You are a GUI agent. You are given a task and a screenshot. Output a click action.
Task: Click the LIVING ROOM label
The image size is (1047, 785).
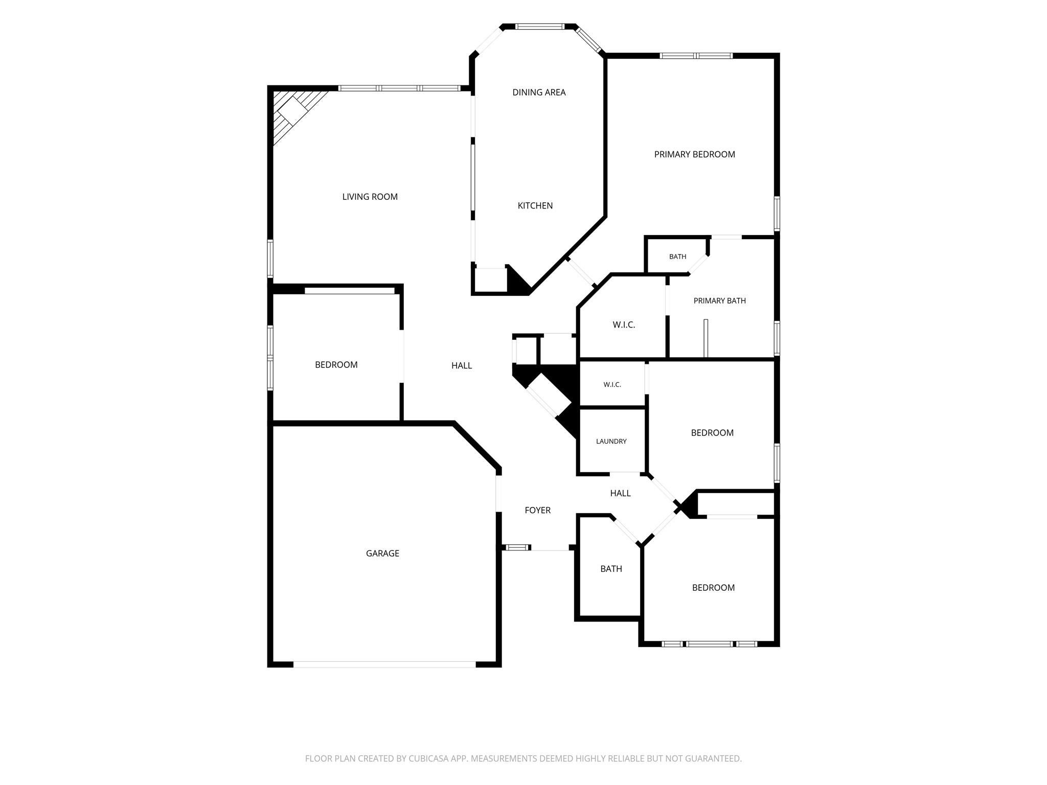[x=370, y=197]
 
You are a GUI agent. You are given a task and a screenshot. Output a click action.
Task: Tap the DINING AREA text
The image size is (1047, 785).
[x=539, y=93]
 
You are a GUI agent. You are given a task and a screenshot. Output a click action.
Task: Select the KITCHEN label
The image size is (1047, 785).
[x=535, y=205]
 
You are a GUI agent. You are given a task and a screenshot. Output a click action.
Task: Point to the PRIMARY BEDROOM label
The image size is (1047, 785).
[x=694, y=154]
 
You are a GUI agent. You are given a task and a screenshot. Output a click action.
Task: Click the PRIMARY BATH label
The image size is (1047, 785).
[x=719, y=301]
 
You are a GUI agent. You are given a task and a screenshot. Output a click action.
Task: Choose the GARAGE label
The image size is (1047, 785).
[x=382, y=553]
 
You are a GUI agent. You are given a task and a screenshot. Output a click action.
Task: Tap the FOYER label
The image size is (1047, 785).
[x=537, y=510]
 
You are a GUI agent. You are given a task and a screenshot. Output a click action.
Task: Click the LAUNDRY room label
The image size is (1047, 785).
[x=611, y=441]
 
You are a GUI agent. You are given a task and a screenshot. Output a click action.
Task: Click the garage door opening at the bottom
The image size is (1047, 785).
[x=384, y=664]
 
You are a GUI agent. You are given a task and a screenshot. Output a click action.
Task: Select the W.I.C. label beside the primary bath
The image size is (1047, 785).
[x=624, y=325]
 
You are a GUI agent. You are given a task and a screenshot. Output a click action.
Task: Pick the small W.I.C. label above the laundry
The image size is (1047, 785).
[x=612, y=384]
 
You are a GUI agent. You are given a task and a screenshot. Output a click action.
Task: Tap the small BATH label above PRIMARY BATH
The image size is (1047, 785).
[x=677, y=257]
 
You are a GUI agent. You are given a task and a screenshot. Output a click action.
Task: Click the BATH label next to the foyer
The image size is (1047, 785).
[x=611, y=569]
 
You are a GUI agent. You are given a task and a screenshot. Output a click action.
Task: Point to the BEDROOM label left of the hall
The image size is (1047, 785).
[x=336, y=365]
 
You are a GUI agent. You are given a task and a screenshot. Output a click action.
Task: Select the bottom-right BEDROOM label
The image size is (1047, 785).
[x=713, y=588]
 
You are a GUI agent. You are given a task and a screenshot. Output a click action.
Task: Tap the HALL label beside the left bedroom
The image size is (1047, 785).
[x=461, y=365]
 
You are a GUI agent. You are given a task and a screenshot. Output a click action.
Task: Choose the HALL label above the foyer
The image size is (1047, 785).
[x=620, y=493]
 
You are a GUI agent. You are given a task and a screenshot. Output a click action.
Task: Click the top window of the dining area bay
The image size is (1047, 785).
[x=539, y=27]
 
